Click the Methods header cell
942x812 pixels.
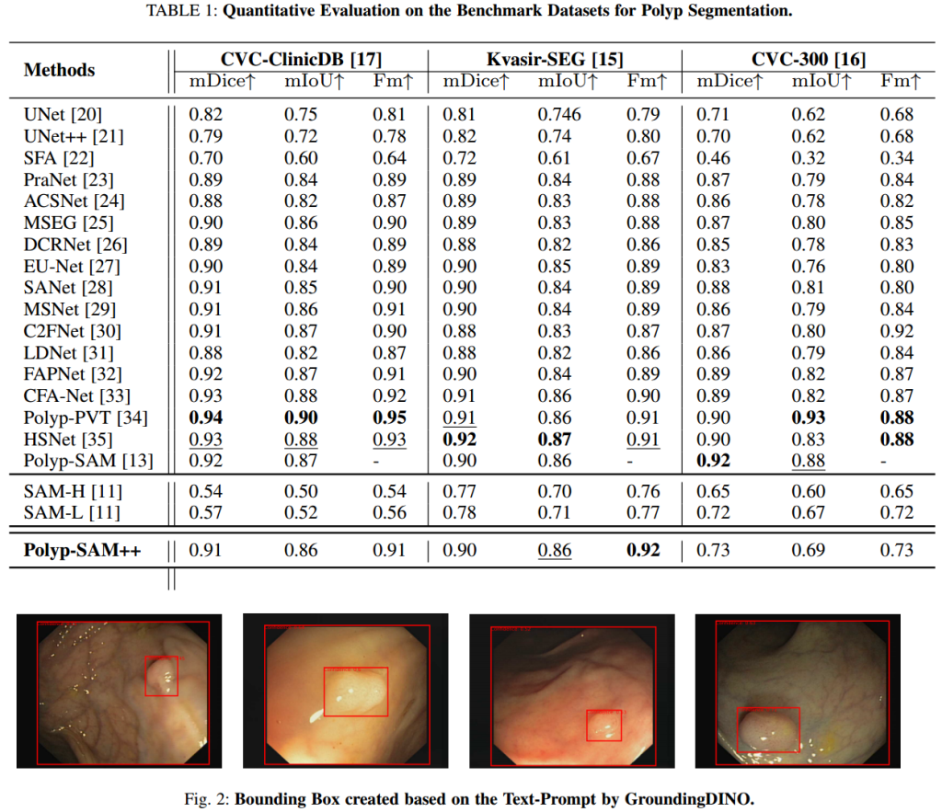(59, 70)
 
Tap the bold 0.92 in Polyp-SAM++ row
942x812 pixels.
(644, 551)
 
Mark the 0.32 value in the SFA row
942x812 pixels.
(808, 158)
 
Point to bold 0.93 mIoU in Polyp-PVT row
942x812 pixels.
(808, 417)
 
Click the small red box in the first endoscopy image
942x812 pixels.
(161, 676)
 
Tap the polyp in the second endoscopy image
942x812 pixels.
(355, 690)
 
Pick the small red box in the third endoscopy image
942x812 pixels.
(604, 726)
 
